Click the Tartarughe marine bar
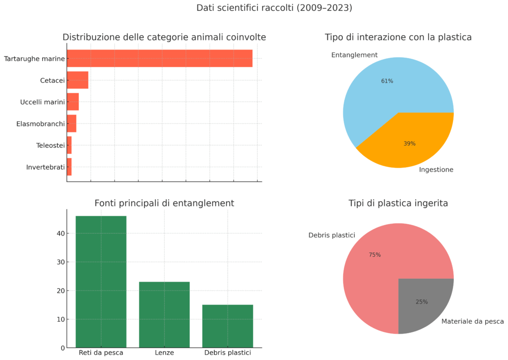point(159,59)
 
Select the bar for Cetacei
point(77,80)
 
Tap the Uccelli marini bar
point(73,102)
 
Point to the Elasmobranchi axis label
point(41,123)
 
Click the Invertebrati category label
point(46,167)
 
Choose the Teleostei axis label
point(51,145)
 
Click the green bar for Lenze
point(164,314)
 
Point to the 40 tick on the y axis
point(60,234)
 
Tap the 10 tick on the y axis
point(60,319)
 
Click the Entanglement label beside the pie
point(354,55)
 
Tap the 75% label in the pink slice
point(375,255)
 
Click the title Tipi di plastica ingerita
point(398,203)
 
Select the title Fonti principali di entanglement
point(164,203)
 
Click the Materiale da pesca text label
point(472,321)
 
